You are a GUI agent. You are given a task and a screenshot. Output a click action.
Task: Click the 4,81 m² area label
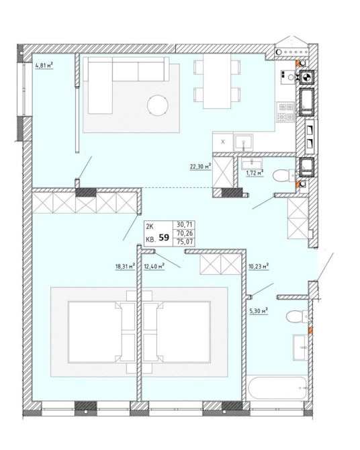[44, 66]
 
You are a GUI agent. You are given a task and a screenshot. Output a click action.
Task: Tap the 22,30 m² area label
[200, 167]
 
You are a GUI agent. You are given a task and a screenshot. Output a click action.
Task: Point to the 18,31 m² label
[125, 267]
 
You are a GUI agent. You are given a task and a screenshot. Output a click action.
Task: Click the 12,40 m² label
[154, 267]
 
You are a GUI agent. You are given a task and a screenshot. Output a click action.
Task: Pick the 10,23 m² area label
[259, 266]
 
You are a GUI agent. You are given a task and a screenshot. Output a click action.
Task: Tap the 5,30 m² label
[259, 311]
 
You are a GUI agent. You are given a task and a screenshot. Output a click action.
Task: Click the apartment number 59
[164, 238]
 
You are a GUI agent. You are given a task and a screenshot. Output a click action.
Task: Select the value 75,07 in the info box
[185, 242]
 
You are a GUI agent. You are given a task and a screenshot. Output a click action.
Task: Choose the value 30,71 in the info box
[185, 224]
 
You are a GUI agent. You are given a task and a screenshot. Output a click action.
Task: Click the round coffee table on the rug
[158, 105]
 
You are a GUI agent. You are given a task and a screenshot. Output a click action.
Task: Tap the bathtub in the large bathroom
[277, 388]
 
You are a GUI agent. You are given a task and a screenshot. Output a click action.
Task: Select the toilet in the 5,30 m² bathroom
[297, 316]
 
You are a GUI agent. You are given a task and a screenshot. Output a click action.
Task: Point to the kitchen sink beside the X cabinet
[243, 142]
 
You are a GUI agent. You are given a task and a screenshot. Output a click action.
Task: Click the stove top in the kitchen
[286, 112]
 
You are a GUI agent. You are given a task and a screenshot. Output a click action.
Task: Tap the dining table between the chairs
[217, 81]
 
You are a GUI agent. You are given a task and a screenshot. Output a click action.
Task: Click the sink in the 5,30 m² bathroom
[301, 347]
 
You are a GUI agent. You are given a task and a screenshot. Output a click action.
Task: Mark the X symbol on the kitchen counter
[223, 142]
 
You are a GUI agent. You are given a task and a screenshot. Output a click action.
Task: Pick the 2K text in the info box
[150, 227]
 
